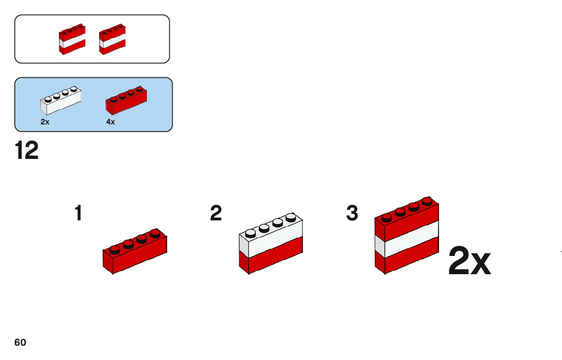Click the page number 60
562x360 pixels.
(20, 343)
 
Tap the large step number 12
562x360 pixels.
(26, 151)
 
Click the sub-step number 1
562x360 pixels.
(78, 213)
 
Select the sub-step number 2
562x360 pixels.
(216, 213)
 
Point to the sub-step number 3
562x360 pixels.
(352, 213)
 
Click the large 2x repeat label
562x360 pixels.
(470, 263)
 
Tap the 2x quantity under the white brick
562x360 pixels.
(45, 122)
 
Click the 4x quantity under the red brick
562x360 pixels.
(111, 122)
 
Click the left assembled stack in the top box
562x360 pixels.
(72, 39)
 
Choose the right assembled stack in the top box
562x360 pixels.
(112, 39)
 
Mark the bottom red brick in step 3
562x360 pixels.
(407, 259)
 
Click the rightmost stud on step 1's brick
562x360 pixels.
(155, 234)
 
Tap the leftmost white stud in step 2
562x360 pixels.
(251, 233)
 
